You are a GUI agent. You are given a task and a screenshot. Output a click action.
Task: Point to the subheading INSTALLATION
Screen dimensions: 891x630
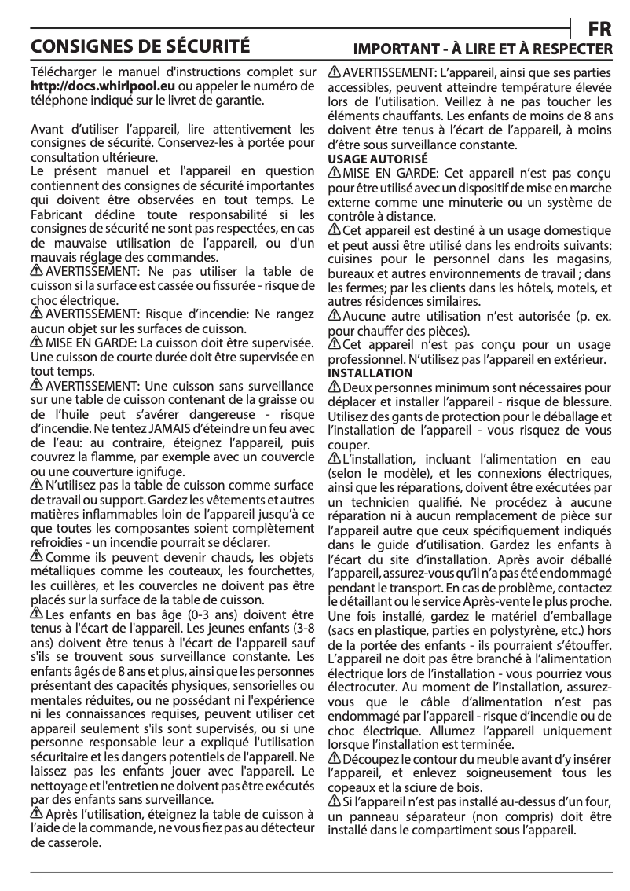[369, 372]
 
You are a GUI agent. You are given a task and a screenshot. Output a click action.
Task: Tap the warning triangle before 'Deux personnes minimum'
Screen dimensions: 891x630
[334, 387]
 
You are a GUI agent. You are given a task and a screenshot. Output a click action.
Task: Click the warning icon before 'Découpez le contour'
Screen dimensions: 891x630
[334, 758]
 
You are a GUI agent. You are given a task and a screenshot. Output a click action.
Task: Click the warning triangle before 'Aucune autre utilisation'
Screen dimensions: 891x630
[334, 317]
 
